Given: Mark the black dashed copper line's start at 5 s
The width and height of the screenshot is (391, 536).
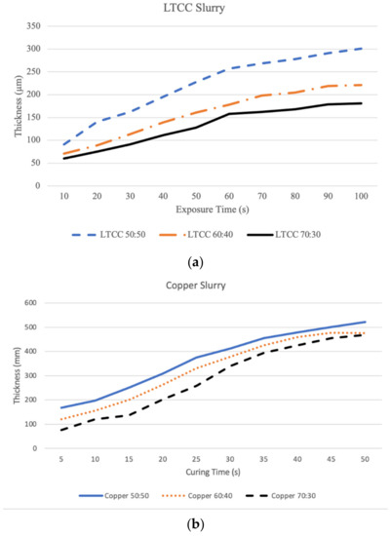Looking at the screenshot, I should point(61,430).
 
